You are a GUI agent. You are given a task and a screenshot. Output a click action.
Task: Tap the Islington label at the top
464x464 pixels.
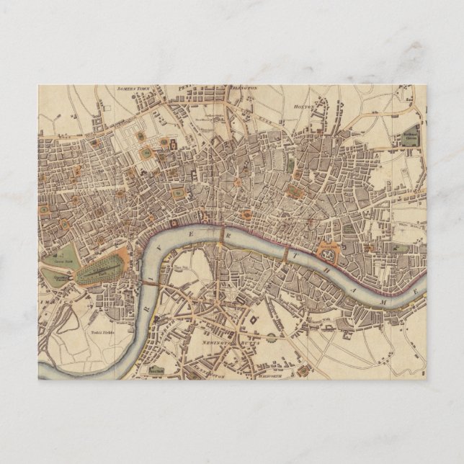point(244,88)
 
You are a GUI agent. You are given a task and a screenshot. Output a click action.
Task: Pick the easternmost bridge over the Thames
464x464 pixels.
point(287,254)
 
